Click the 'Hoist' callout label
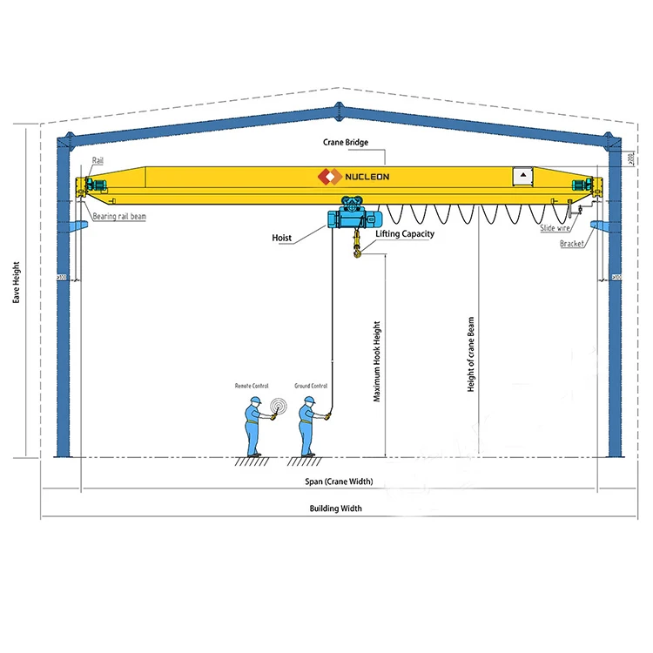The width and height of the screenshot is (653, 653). click(x=282, y=236)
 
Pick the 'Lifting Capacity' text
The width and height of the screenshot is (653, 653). click(x=404, y=233)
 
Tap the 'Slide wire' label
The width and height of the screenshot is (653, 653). click(x=555, y=227)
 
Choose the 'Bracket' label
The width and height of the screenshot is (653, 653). click(x=572, y=244)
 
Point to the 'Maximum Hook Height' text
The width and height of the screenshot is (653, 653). click(x=377, y=361)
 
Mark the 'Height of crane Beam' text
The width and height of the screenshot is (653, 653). click(x=471, y=354)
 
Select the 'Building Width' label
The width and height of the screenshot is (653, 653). click(x=335, y=508)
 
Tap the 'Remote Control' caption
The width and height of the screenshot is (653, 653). click(x=252, y=385)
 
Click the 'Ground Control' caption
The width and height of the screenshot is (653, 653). click(x=311, y=385)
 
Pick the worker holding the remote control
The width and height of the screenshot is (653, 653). click(x=254, y=427)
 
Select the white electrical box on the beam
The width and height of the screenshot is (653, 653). click(x=522, y=176)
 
